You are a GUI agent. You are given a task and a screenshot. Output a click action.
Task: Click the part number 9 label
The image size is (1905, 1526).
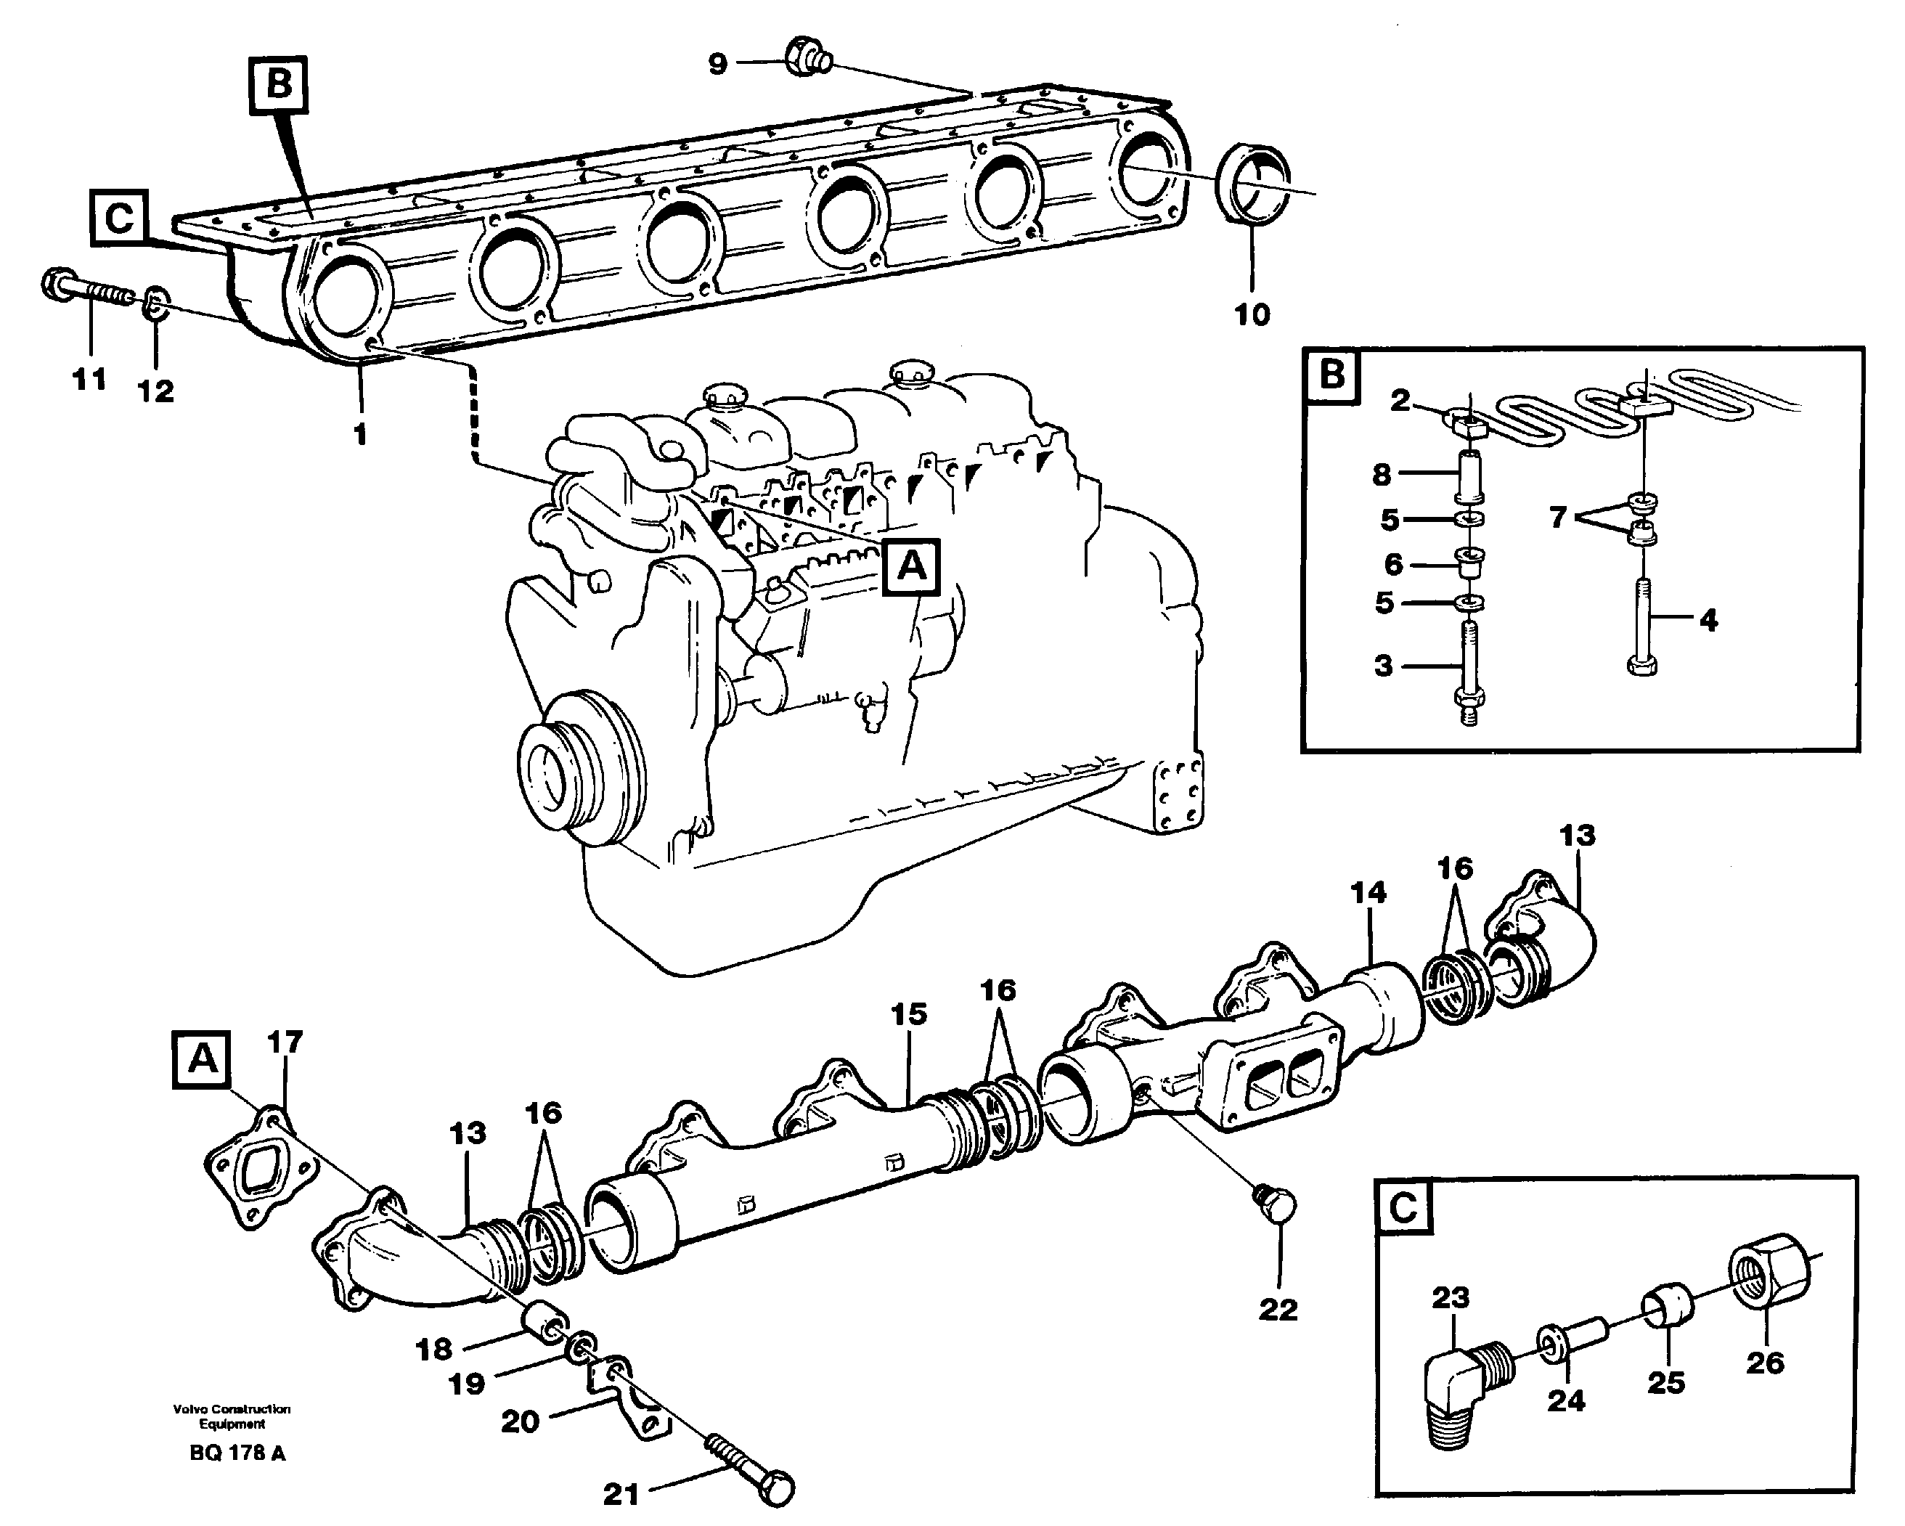[717, 64]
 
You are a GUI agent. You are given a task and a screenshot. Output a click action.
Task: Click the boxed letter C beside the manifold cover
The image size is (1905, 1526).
[119, 217]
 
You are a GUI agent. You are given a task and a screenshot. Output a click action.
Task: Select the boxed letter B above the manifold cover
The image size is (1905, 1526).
[278, 86]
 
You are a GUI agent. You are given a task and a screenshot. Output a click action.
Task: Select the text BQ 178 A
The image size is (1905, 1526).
[237, 1453]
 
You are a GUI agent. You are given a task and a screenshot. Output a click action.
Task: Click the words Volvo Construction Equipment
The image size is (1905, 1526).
[232, 1416]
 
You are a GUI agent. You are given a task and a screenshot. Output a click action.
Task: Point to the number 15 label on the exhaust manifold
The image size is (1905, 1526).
[908, 1014]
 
